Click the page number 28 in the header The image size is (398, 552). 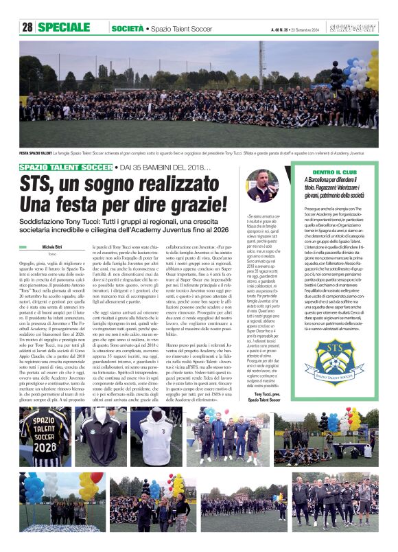tap(27, 27)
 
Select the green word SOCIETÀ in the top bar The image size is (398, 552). tap(127, 28)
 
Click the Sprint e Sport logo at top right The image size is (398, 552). tap(360, 27)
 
